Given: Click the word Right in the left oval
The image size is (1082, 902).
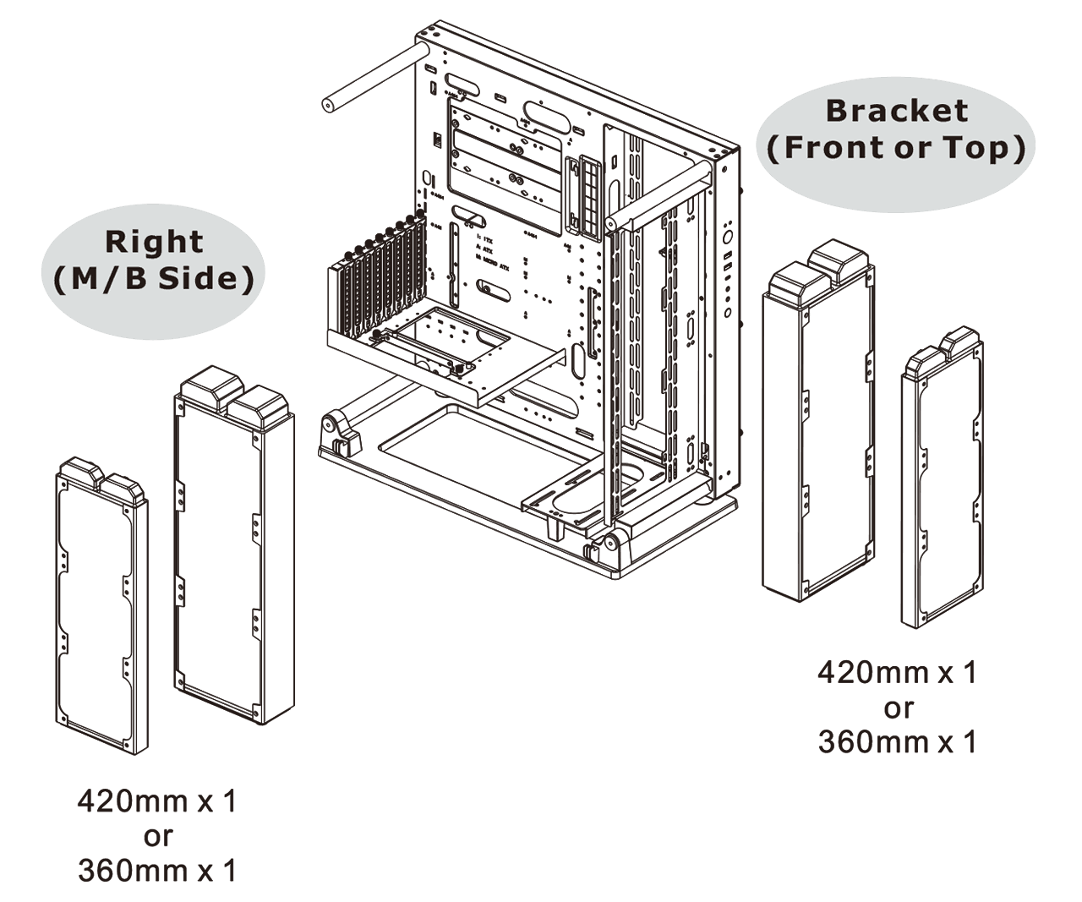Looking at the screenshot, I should [154, 242].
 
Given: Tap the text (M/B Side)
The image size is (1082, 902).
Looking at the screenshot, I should [154, 279].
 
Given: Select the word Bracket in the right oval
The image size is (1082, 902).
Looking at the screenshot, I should [897, 110].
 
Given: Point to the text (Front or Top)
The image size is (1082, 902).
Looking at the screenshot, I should [897, 148].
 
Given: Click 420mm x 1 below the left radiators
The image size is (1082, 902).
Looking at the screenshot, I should [157, 801].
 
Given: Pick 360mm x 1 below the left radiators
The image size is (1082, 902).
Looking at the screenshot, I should [157, 870].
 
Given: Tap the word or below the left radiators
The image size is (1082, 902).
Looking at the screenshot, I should [157, 836].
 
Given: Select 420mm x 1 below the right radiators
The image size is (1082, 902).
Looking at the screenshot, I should [897, 673].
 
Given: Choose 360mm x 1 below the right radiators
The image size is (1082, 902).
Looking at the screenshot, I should [897, 741].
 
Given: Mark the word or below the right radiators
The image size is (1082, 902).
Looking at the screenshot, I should [898, 708].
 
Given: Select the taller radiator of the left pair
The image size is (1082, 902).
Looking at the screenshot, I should [233, 549].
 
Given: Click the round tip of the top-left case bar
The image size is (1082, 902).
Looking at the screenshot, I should [327, 106].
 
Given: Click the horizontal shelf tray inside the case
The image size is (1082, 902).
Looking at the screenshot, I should [440, 355].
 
